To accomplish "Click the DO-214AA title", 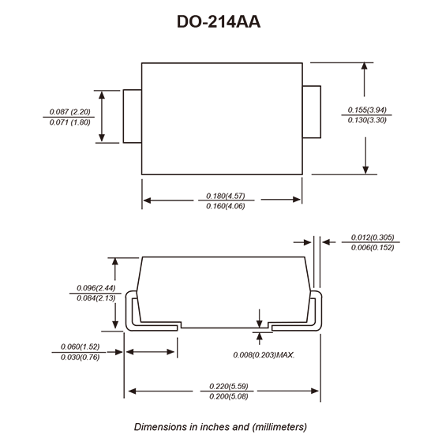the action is coord(219,22).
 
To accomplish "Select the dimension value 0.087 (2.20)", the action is coord(70,111).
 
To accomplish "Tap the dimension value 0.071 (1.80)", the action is coord(70,122).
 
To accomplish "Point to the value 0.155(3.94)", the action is coord(367,110).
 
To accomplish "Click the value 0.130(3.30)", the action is coord(367,120).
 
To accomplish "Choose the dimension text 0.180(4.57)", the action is coord(226,196).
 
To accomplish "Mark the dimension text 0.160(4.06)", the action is coord(226,206).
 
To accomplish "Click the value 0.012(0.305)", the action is coord(373,237).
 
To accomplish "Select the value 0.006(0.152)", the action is coord(373,248).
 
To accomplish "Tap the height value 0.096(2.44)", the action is coord(96,288).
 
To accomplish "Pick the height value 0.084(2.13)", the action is coord(96,298).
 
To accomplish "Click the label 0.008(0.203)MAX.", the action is coord(264,355).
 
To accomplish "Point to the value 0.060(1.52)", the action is coord(81,346).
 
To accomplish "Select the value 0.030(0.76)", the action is coord(81,357).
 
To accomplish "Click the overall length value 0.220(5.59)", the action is coord(229,386).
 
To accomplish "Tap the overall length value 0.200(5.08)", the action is coord(229,396).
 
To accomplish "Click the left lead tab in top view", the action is coord(133,117).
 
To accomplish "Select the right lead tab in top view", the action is coord(312,112).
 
